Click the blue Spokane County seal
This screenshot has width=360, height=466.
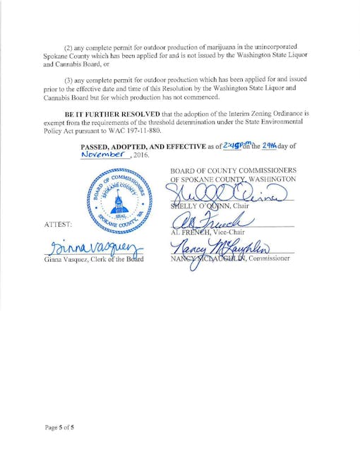[119, 203]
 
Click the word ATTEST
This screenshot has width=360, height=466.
[58, 224]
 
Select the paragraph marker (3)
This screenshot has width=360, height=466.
[69, 80]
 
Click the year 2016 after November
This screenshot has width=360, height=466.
[140, 155]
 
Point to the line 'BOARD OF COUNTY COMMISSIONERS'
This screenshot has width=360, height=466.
[233, 170]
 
